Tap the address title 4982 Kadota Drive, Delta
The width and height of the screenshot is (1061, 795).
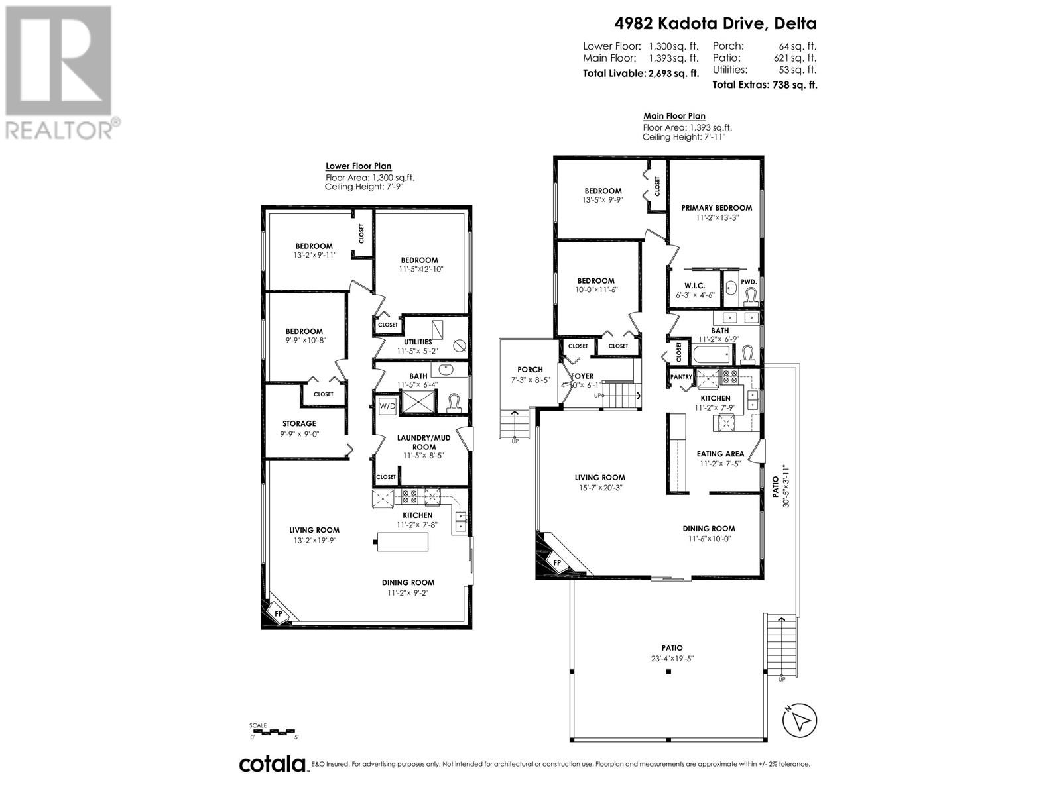[x=714, y=23]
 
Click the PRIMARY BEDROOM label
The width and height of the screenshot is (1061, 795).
[x=716, y=207]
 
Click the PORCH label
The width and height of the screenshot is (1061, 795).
[x=530, y=370]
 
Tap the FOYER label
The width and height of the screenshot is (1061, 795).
[x=582, y=376]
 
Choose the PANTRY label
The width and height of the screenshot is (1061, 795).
[x=681, y=377]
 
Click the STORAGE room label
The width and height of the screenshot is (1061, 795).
[x=299, y=423]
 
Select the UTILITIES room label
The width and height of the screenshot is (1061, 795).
[x=418, y=342]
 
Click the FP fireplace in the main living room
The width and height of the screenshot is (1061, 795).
[x=557, y=562]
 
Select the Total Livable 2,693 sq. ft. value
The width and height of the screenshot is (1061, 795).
[x=672, y=74]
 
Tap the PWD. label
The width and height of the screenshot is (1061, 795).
[x=749, y=282]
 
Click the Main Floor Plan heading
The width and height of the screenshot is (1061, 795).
[x=674, y=116]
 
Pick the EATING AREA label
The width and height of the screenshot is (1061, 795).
[x=720, y=454]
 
